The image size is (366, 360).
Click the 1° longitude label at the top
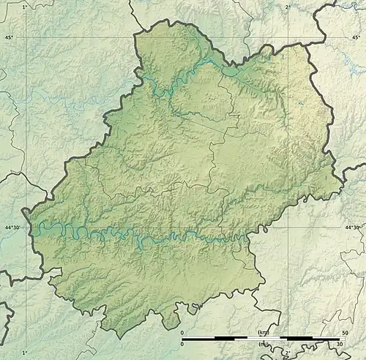(24, 6)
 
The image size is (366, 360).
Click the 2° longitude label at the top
(287, 6)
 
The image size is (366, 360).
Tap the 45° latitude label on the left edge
(9, 37)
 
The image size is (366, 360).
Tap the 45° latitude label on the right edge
(356, 37)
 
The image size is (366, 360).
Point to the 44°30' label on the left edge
(11, 228)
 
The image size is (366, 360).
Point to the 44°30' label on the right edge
(353, 228)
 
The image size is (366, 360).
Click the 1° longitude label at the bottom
(24, 353)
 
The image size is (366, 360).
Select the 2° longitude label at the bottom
(288, 353)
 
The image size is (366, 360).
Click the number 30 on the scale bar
(340, 344)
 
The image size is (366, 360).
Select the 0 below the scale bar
(182, 344)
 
